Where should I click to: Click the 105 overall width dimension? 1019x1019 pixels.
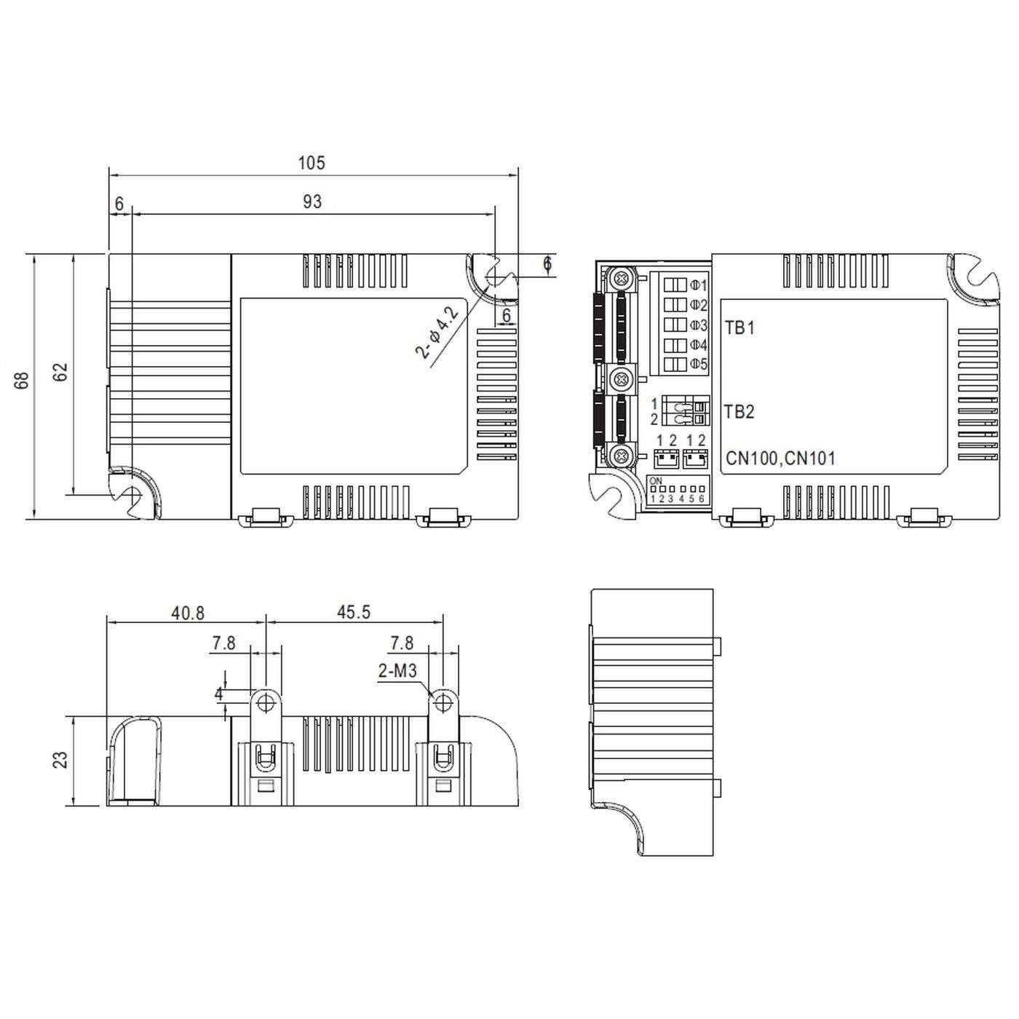(312, 163)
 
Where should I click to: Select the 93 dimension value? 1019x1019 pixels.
(312, 202)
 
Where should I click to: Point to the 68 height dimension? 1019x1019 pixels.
(23, 380)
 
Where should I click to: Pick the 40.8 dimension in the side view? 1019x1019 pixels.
(188, 613)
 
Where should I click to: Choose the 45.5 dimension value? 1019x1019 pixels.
(354, 613)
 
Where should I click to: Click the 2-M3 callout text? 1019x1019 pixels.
(397, 671)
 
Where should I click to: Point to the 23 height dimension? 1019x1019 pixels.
(62, 760)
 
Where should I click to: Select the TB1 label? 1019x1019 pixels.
(740, 328)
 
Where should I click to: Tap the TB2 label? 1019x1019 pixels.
(740, 412)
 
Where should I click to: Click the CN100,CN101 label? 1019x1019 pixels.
(780, 459)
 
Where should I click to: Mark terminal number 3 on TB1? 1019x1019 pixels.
(699, 325)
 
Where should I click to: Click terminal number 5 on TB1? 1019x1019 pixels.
(699, 364)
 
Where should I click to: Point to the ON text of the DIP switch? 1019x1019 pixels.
(655, 481)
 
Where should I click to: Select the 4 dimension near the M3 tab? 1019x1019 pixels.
(219, 694)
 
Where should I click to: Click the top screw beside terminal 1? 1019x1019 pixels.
(621, 277)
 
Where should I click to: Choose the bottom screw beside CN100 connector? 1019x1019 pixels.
(621, 456)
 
